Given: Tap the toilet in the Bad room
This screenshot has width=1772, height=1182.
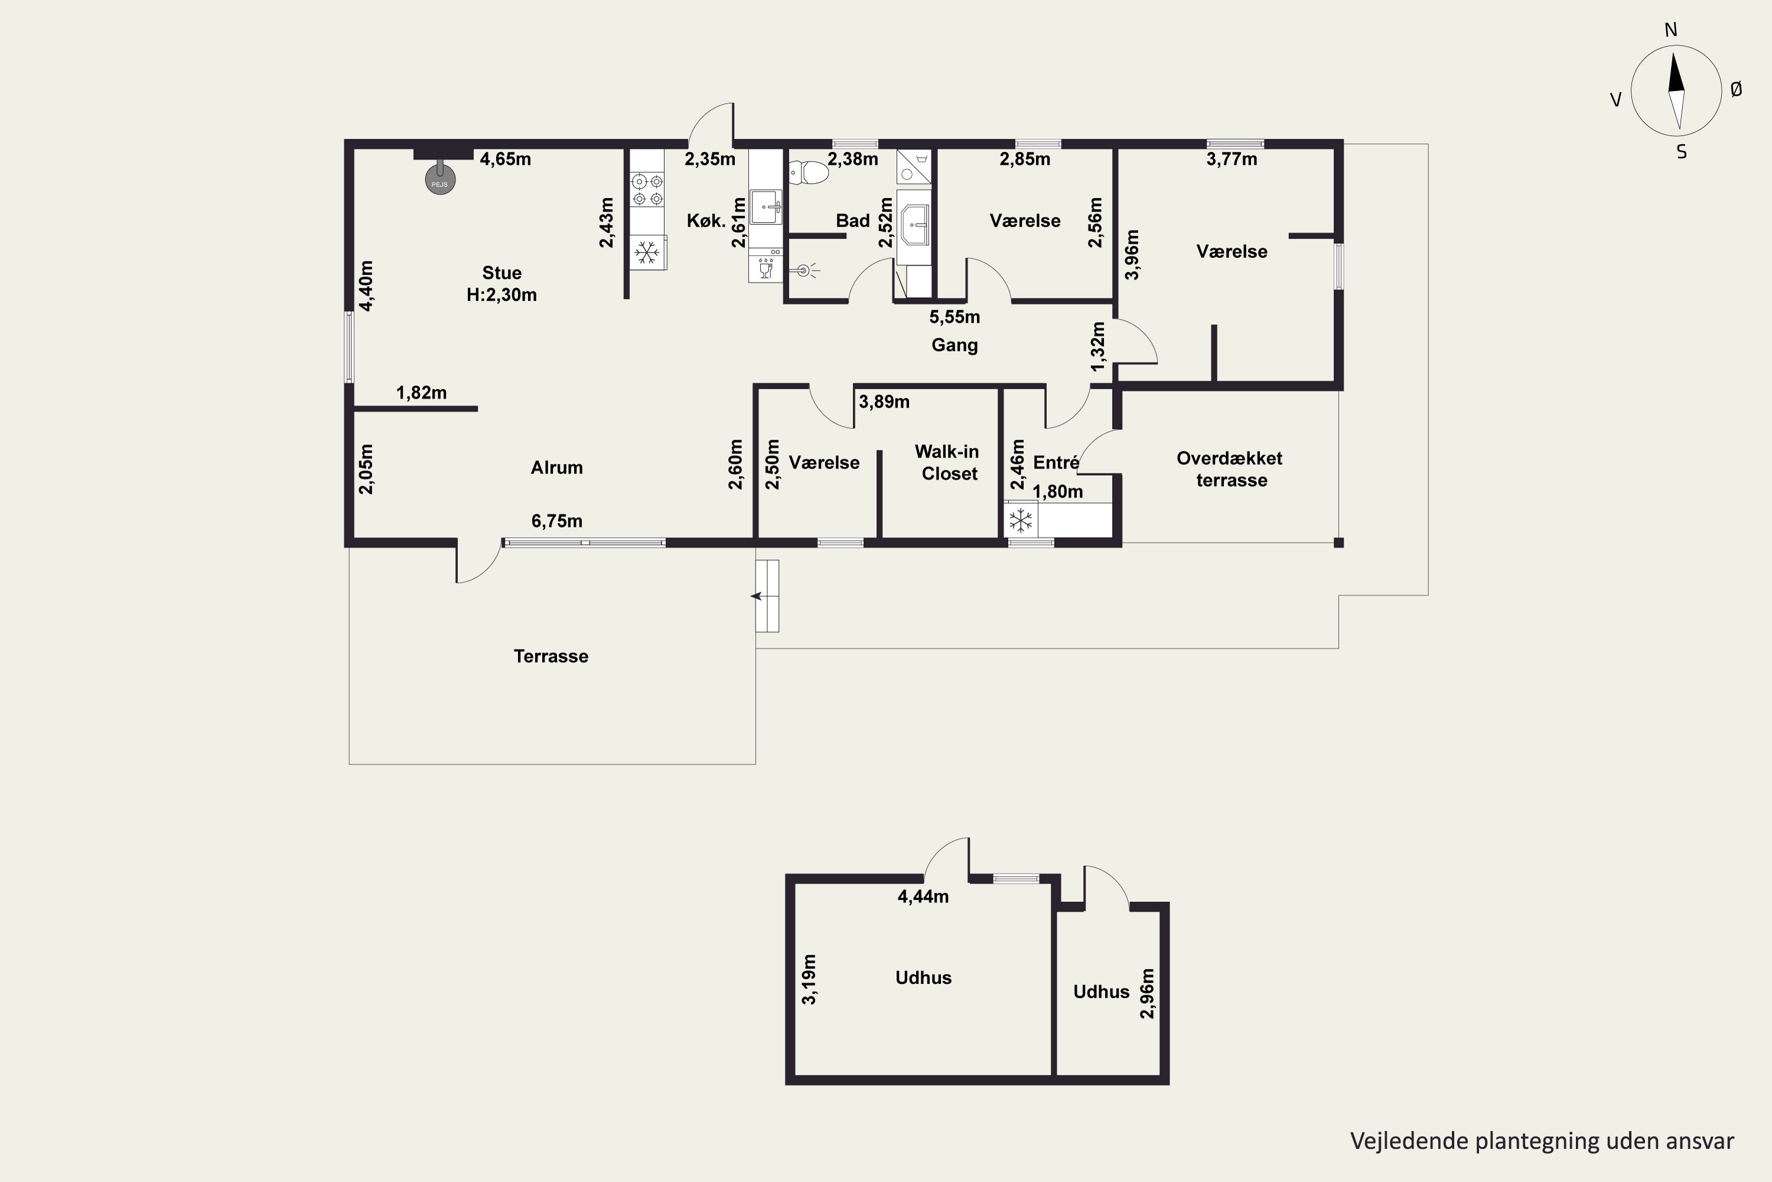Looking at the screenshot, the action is pos(807,173).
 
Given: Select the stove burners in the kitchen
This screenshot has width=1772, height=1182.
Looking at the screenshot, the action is pos(647,189).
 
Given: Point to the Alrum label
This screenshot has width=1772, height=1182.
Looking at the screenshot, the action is pos(557,467).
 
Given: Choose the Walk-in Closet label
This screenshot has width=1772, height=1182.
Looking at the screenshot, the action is pos(948,462).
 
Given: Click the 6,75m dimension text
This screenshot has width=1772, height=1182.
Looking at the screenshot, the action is pos(557,521).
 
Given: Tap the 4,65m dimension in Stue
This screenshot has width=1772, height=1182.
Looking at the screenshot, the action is pos(506,159).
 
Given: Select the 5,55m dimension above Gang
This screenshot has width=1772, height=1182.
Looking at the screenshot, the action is pos(955,317).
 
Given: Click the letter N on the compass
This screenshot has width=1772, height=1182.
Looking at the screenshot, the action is pos(1671,30).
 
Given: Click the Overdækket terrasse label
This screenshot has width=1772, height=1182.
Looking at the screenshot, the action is pos(1230,469).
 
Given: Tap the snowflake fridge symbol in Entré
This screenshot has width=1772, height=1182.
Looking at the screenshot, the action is pos(1021,520).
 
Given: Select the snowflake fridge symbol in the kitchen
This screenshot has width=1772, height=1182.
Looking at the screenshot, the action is pos(646,252).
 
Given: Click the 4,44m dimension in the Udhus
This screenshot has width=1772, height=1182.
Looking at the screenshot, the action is pos(923,897).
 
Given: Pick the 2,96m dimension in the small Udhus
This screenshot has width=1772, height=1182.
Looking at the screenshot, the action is pos(1146,993).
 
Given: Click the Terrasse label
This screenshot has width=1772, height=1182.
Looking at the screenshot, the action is pos(551,656).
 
